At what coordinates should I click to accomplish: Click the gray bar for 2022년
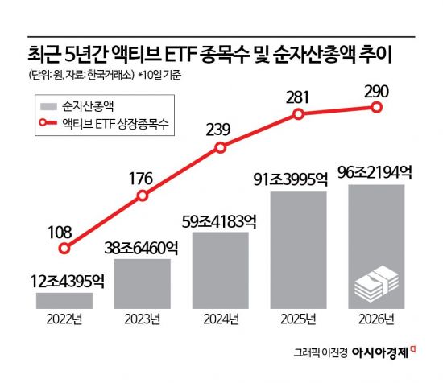click(x=64, y=301)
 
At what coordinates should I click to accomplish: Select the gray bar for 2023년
click(x=143, y=284)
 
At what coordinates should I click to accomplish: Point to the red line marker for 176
click(x=143, y=196)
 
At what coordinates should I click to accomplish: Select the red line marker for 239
click(x=221, y=148)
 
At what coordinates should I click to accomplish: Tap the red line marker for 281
click(x=298, y=114)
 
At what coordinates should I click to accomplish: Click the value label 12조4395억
click(x=64, y=281)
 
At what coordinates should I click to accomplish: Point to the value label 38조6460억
click(x=143, y=248)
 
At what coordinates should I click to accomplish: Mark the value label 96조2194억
click(x=376, y=173)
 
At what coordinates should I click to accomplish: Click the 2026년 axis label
click(x=376, y=321)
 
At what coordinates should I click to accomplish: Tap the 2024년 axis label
click(x=221, y=321)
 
